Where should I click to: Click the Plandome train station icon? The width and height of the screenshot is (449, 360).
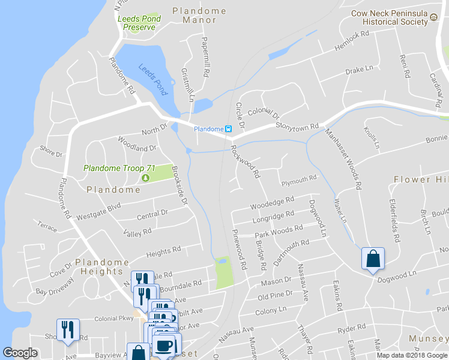click(228, 129)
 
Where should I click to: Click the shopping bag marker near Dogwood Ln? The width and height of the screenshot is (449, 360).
click(373, 259)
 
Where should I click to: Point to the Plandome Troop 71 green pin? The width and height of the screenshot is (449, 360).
click(145, 178)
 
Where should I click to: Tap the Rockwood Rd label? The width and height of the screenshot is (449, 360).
click(245, 161)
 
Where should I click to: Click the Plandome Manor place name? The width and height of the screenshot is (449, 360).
click(199, 15)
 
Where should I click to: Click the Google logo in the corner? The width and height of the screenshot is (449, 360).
click(20, 353)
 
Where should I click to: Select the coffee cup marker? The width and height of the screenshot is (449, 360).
click(165, 345)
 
